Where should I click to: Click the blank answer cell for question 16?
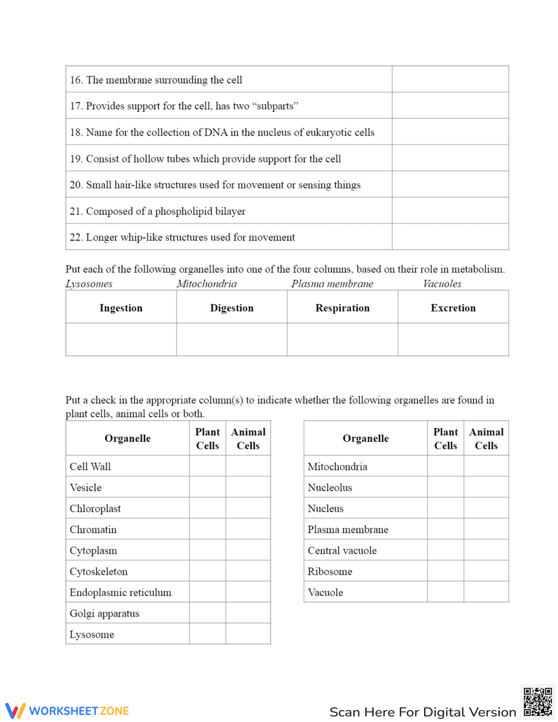tap(450, 79)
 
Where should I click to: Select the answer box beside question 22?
tap(450, 237)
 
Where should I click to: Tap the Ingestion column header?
tap(121, 308)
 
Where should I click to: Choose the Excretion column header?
tap(453, 308)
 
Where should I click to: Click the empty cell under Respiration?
tap(343, 339)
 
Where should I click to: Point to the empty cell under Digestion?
tap(232, 339)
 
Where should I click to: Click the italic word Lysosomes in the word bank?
tap(89, 284)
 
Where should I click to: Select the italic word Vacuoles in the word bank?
tap(442, 284)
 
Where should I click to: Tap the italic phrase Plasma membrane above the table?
tap(332, 284)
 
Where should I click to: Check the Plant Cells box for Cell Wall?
tap(208, 466)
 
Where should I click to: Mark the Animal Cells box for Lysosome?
tap(248, 634)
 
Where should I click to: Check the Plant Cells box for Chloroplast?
tap(208, 508)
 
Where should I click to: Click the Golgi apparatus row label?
tap(104, 614)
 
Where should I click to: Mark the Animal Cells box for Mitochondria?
tap(486, 466)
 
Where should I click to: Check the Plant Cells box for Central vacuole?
tap(445, 550)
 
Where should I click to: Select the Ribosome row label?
tap(330, 571)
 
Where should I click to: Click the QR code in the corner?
tap(538, 702)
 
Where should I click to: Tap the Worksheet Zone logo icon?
tap(16, 711)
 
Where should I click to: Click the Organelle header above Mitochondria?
tap(365, 439)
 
